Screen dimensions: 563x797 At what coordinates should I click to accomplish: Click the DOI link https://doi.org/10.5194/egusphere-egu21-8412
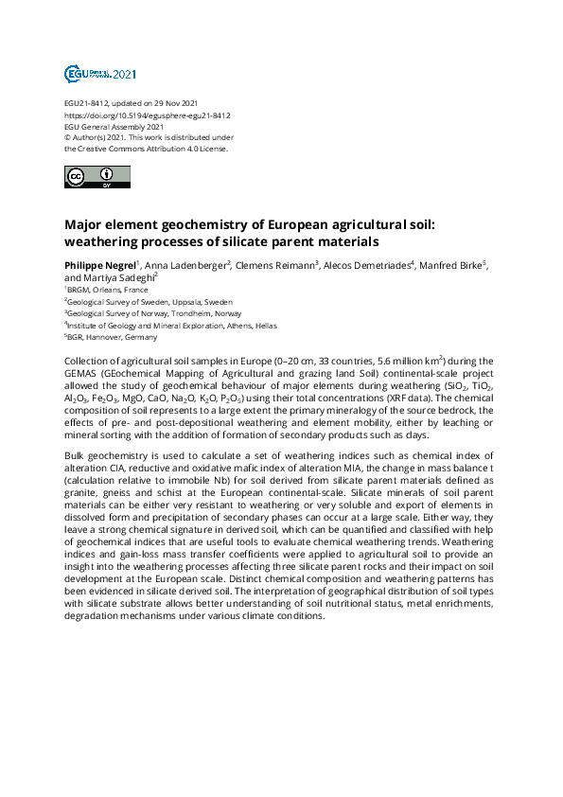pos(147,115)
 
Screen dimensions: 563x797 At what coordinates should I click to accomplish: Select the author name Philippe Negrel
pos(99,264)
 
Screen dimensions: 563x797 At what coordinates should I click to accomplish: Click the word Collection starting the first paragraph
pos(86,362)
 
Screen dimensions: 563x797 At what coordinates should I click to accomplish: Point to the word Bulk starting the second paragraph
pos(74,455)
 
